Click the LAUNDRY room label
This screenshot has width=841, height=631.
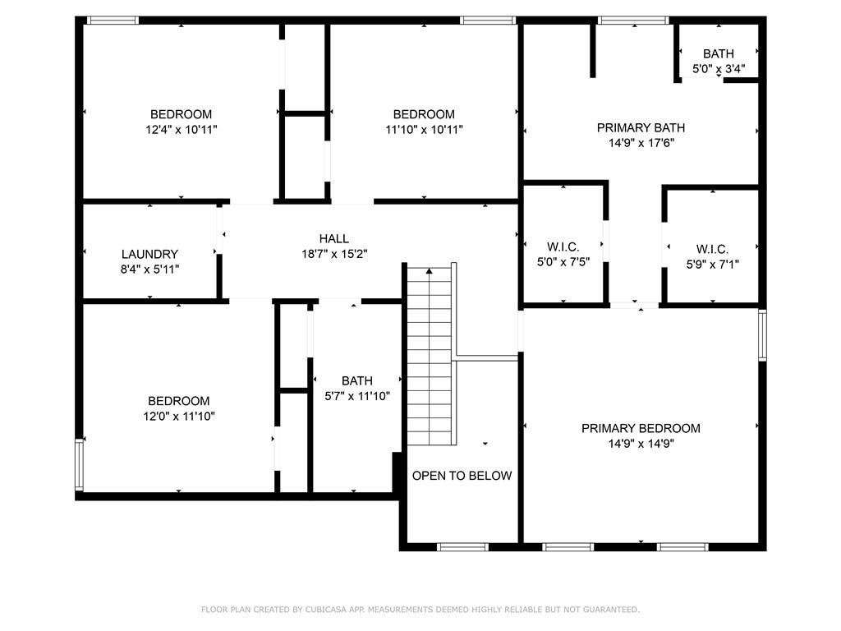click(x=149, y=255)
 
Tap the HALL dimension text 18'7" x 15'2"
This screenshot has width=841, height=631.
click(x=333, y=254)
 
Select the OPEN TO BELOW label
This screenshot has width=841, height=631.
click(x=462, y=476)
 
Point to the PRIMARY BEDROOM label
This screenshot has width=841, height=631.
click(x=641, y=428)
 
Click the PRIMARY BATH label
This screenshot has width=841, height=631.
click(x=641, y=127)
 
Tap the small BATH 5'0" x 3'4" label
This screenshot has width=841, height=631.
click(x=719, y=54)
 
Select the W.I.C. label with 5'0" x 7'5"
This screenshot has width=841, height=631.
click(x=563, y=247)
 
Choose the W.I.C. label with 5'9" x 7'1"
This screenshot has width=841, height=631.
click(x=712, y=249)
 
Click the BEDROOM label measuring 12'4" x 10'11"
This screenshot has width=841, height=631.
click(x=181, y=114)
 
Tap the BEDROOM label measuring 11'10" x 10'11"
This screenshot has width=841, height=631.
click(x=424, y=114)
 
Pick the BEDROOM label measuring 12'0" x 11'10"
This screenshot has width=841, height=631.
click(x=178, y=401)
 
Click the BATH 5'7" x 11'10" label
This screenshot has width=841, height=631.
click(x=357, y=380)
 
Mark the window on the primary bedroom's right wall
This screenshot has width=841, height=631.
click(x=762, y=335)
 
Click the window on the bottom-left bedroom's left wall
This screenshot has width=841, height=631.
click(x=80, y=464)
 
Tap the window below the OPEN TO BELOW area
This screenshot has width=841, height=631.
click(x=462, y=546)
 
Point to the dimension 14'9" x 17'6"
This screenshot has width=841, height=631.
click(x=641, y=143)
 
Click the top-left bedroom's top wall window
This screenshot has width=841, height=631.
click(x=113, y=21)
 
